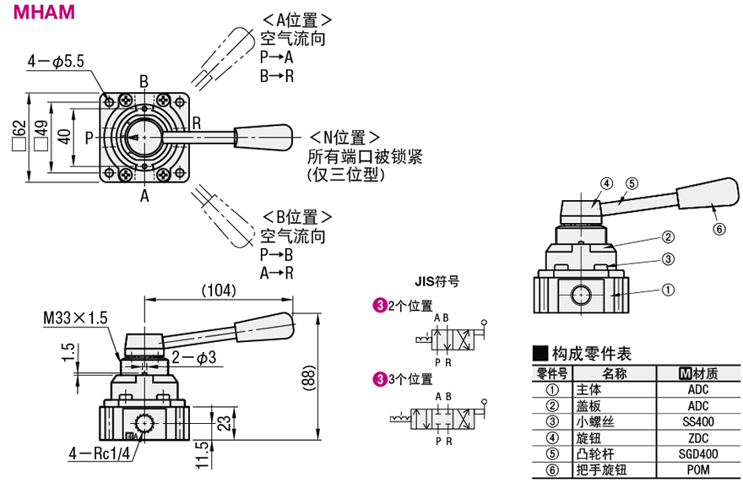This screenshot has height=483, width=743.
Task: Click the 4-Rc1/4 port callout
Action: coord(99,455)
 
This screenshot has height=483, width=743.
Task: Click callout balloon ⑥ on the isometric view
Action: coord(719,228)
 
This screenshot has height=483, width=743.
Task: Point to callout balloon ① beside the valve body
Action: coord(667,290)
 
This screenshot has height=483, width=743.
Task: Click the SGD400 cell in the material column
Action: coord(698,453)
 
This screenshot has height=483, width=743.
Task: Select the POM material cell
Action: coord(698,470)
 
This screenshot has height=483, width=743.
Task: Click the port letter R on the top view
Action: coord(196,122)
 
